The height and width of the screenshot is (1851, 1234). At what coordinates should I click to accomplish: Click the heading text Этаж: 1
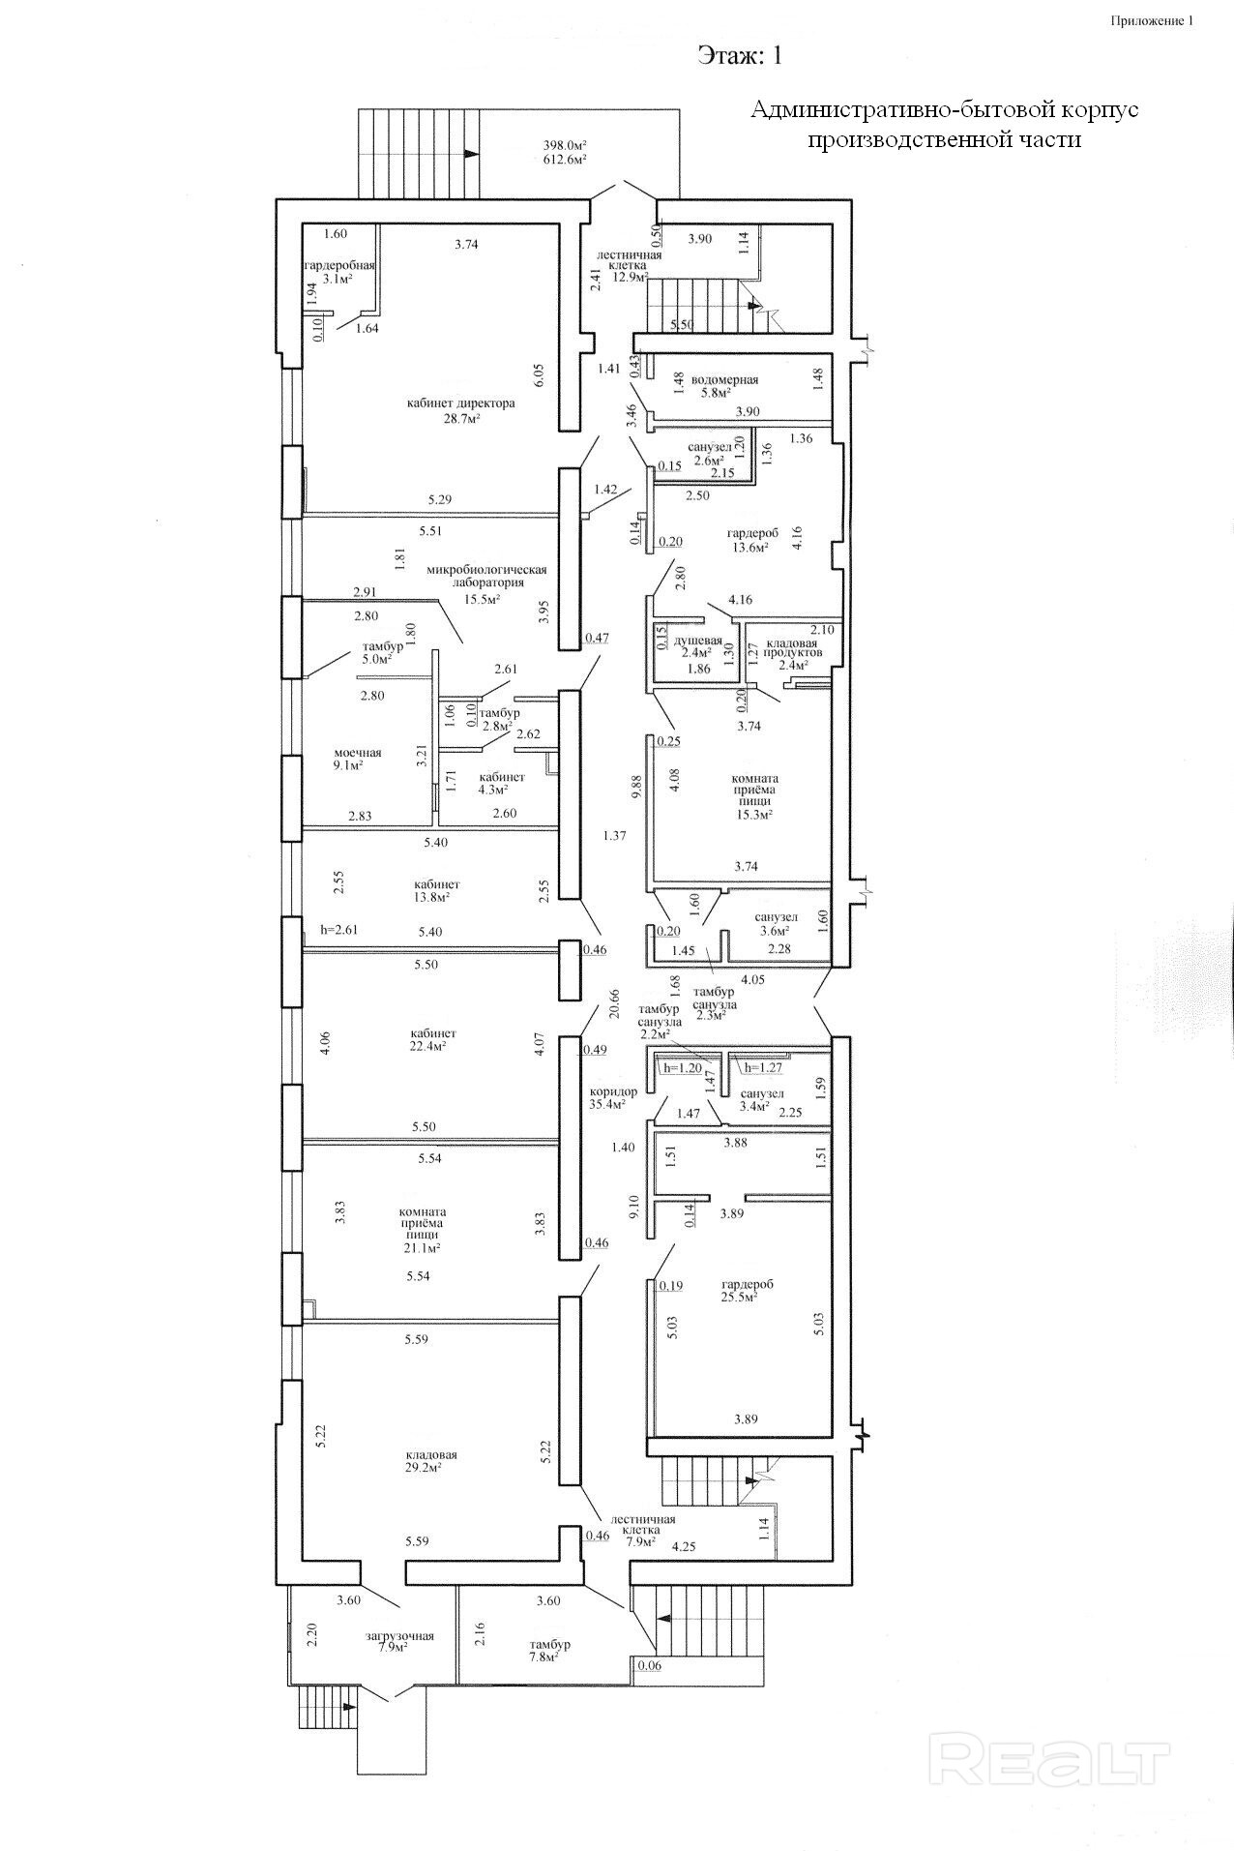click(740, 56)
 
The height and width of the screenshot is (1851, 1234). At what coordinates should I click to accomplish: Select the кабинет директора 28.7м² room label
click(461, 410)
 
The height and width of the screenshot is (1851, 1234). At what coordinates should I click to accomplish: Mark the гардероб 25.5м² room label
click(748, 1290)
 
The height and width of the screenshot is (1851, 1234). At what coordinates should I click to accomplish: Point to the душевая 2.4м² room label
click(697, 646)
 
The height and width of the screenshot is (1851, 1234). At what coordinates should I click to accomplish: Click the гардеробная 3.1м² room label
click(338, 271)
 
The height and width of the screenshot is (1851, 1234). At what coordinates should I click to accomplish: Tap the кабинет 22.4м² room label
click(432, 1039)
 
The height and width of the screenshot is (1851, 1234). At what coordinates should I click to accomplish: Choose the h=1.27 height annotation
click(760, 1068)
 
